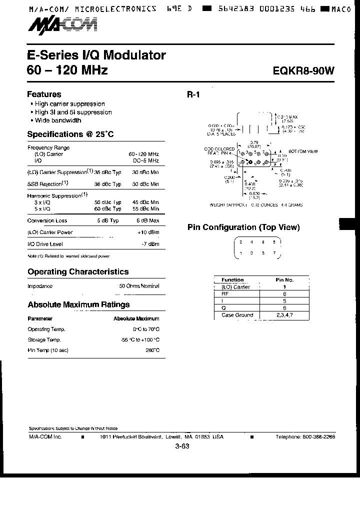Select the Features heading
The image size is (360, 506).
coord(44,94)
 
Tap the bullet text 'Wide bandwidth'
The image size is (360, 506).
coord(57,120)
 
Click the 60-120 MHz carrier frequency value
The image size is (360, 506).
coord(144,154)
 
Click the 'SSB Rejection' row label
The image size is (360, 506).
coord(48,183)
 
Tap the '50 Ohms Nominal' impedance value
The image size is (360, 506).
coord(139,286)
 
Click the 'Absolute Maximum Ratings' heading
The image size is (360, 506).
coord(78,304)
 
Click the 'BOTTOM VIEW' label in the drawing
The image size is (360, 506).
coord(303,150)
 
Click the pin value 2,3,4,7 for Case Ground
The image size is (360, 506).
coord(284,315)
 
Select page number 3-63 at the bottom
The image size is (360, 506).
coord(182,447)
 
